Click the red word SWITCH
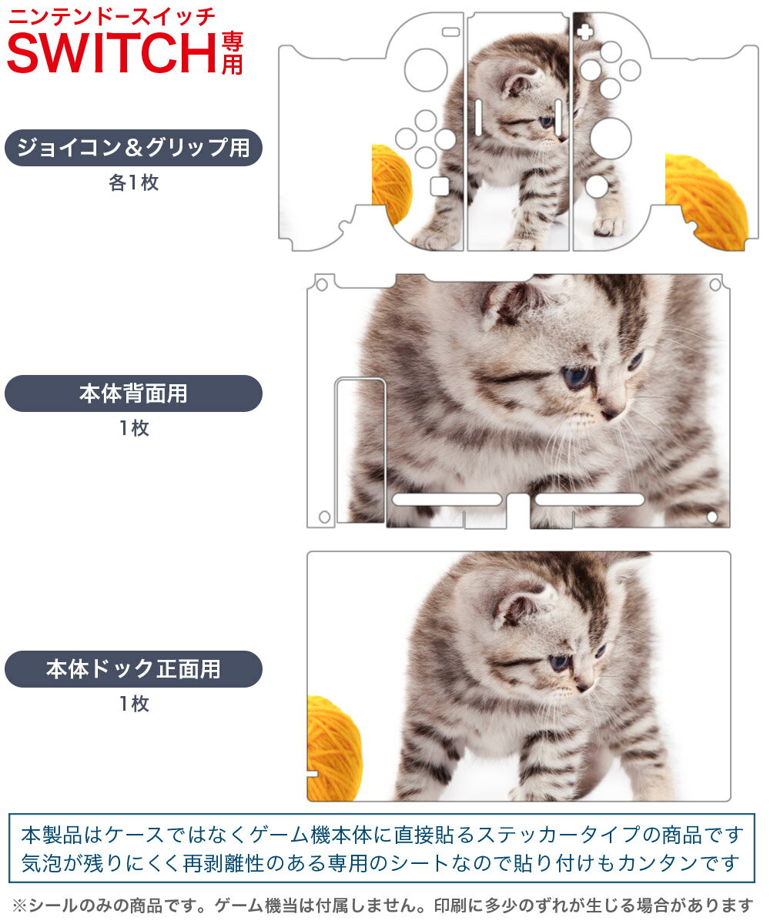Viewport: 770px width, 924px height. [112, 53]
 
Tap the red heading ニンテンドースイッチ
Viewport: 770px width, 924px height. [112, 17]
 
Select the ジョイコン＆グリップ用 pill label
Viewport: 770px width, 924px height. [133, 148]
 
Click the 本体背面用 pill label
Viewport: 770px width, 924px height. [133, 393]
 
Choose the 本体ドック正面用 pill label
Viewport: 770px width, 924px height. [133, 669]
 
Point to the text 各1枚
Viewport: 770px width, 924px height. [134, 182]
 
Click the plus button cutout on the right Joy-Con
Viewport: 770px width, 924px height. [584, 32]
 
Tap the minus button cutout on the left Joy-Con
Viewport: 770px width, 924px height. [451, 32]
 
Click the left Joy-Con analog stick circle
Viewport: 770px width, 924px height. [426, 70]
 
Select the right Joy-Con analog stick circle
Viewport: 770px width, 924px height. [611, 139]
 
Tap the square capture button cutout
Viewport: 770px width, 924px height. [440, 186]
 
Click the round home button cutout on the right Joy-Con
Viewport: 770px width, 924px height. [597, 187]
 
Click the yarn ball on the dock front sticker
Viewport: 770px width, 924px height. [334, 748]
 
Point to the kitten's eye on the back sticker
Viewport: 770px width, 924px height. [576, 377]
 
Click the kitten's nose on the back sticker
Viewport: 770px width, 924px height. [609, 414]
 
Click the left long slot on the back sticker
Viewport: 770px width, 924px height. [447, 500]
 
